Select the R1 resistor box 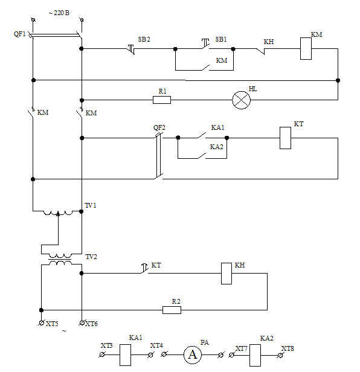coord(162,100)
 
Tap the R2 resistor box coord(172,310)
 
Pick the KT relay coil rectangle coord(285,138)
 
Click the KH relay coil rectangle coord(227,274)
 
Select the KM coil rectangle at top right coord(306,48)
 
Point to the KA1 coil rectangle coord(125,355)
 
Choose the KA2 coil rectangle coord(255,355)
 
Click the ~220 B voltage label coord(59,13)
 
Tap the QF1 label coord(20,34)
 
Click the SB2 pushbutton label coord(144,39)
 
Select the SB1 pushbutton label coord(221,39)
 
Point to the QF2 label coord(159,127)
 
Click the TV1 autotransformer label coord(91,205)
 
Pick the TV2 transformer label coord(91,257)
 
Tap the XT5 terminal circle coord(41,323)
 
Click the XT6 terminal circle coord(82,323)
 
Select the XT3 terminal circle coord(102,354)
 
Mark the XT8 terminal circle coord(280,355)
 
